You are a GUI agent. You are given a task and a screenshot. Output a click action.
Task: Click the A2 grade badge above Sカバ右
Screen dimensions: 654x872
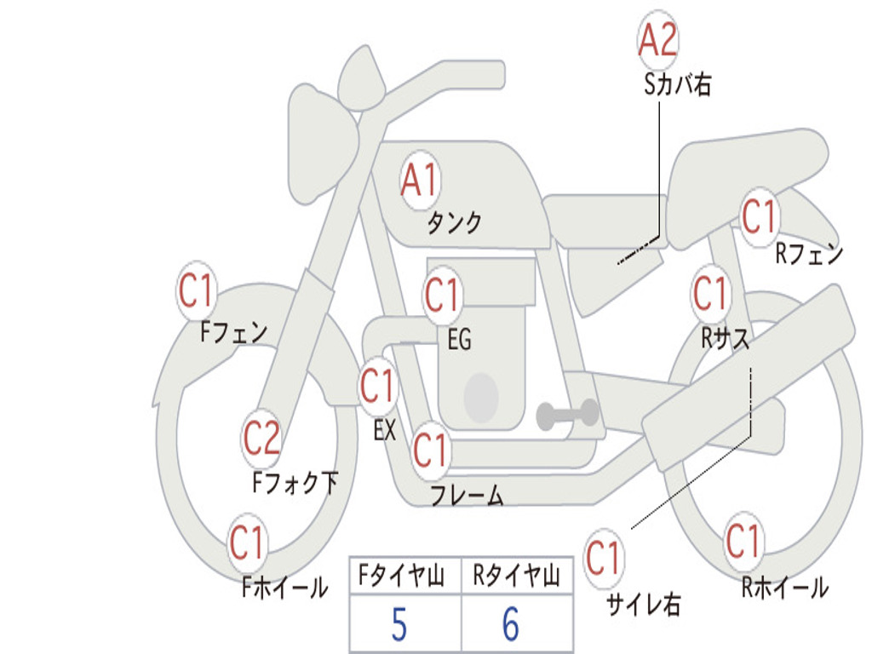(x=657, y=40)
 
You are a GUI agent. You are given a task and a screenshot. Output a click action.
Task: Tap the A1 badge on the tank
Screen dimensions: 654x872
(x=419, y=181)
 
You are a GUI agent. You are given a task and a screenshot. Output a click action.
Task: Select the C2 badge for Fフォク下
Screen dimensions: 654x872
(x=261, y=439)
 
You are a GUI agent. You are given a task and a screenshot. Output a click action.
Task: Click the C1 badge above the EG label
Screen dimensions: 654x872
(x=442, y=295)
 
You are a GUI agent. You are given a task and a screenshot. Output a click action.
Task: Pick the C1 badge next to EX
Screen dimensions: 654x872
(x=377, y=387)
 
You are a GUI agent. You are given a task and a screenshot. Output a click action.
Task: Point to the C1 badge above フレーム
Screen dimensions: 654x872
(x=430, y=450)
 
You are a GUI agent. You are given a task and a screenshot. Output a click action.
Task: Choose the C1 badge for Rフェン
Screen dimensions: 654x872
(x=759, y=216)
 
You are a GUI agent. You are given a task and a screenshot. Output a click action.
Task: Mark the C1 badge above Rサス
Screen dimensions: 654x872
(x=710, y=294)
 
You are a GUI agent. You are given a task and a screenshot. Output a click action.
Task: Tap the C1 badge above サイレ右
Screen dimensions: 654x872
(x=603, y=559)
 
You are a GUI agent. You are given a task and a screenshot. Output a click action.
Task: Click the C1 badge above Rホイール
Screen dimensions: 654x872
(x=743, y=541)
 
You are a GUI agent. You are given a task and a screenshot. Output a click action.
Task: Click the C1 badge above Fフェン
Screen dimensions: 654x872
(x=196, y=291)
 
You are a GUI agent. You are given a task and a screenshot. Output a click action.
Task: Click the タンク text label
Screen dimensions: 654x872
(x=454, y=223)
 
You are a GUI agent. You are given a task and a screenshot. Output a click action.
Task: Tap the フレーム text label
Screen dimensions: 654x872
(x=466, y=496)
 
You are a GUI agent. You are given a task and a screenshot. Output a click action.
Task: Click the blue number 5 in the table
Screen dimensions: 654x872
(x=399, y=625)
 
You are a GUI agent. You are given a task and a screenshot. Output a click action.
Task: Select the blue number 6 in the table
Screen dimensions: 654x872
(x=511, y=625)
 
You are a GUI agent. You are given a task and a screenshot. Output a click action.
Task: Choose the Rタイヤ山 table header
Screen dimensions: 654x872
(x=516, y=577)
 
